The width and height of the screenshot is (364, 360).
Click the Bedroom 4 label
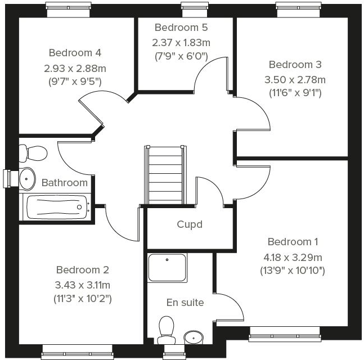pyautogui.click(x=75, y=53)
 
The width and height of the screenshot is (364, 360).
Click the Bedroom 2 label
pyautogui.click(x=83, y=270)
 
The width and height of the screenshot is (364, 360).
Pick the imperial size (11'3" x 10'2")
pyautogui.click(x=83, y=299)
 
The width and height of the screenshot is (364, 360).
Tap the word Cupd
pyautogui.click(x=190, y=224)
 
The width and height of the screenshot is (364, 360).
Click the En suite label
pyautogui.click(x=185, y=303)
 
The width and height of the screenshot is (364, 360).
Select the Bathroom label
pyautogui.click(x=65, y=182)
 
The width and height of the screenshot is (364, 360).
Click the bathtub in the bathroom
pyautogui.click(x=56, y=207)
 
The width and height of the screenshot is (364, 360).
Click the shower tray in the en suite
pyautogui.click(x=167, y=268)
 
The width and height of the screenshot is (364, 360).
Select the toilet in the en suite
pyautogui.click(x=167, y=328)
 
